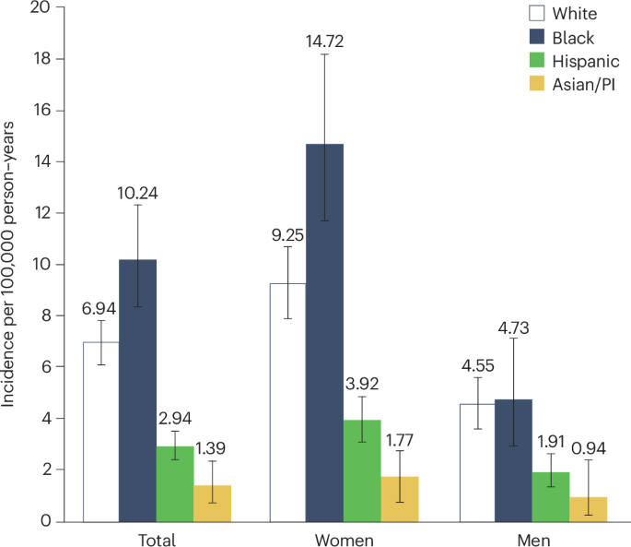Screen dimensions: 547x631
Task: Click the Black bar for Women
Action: coord(325,332)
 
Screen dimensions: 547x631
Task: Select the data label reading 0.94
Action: coord(588,446)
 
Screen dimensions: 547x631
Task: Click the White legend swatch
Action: coord(535,14)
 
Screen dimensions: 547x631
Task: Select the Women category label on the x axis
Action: coord(344,538)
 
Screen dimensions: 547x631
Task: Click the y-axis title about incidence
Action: coord(11,265)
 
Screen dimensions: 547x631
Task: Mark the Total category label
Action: coord(157,538)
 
